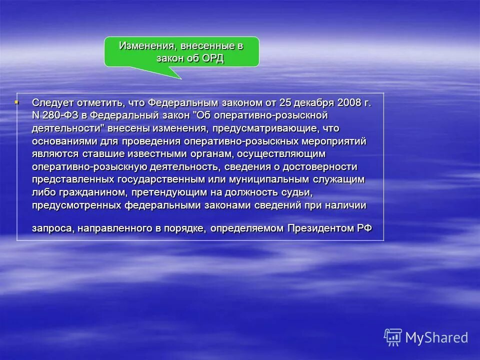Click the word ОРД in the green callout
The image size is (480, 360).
click(x=213, y=58)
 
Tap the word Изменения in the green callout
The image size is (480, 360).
click(x=142, y=46)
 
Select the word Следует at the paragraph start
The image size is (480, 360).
click(x=50, y=102)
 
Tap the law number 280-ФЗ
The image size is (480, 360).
click(x=60, y=115)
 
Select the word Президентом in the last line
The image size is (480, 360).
click(x=314, y=228)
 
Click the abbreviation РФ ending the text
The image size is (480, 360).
click(x=364, y=228)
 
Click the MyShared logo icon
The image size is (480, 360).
click(x=392, y=337)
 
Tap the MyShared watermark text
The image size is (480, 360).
click(x=436, y=337)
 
